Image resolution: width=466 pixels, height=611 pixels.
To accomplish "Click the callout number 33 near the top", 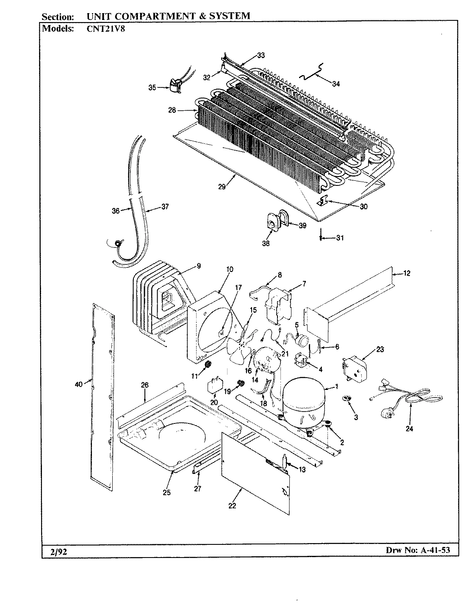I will click(x=261, y=55).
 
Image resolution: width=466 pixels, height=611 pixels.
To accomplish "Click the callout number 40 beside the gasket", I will click(x=78, y=385).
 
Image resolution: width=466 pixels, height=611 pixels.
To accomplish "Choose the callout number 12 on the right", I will click(x=406, y=273).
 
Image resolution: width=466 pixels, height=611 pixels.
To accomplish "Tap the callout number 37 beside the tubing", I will click(x=164, y=207).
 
